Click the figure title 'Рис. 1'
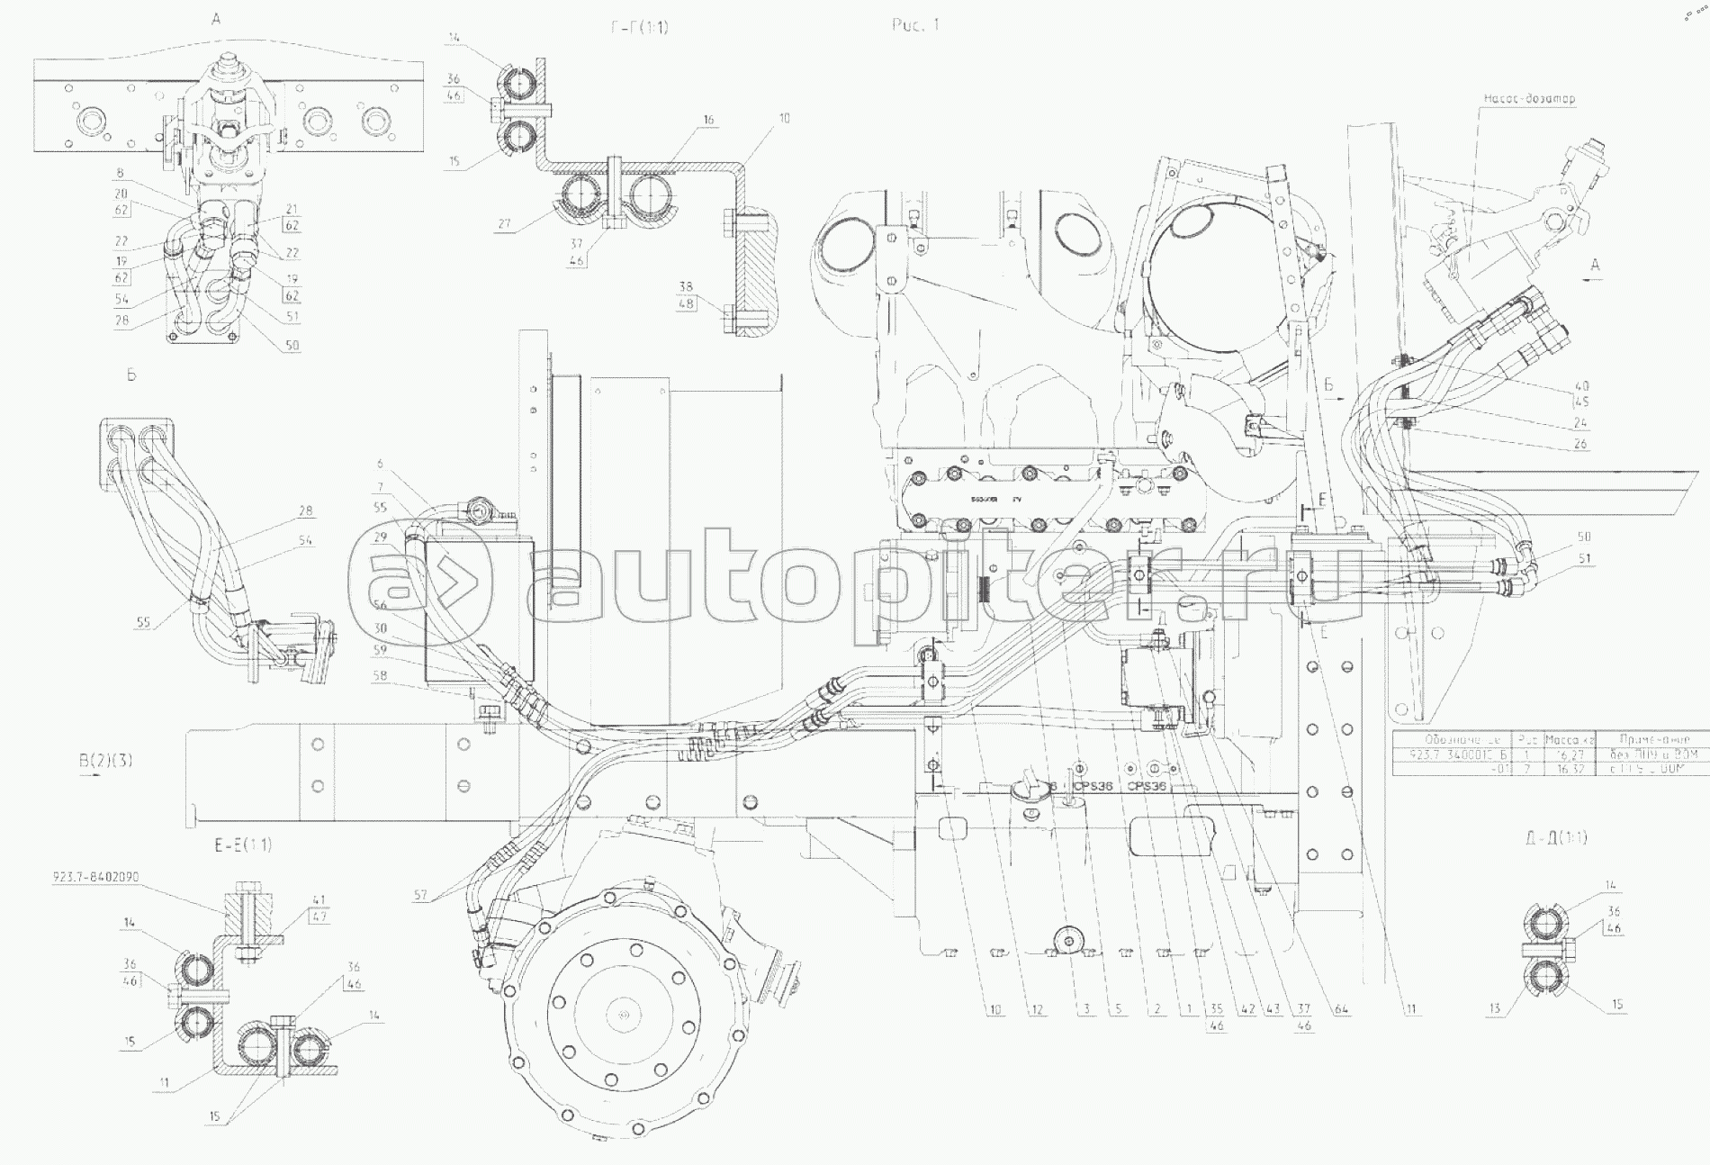(914, 25)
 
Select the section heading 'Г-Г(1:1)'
(638, 27)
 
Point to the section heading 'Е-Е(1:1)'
(243, 844)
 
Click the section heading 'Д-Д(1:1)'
(1556, 838)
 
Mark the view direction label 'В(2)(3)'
(105, 760)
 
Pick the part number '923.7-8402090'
(96, 876)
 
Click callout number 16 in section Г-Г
(708, 119)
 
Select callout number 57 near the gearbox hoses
(420, 896)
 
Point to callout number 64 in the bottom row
(1344, 1009)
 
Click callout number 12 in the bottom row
(1037, 1009)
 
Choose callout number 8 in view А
(120, 173)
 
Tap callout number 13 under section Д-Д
(1495, 1009)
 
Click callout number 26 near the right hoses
(1581, 444)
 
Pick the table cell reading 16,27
(1569, 755)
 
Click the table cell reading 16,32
(1569, 769)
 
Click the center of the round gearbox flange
(622, 1016)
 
